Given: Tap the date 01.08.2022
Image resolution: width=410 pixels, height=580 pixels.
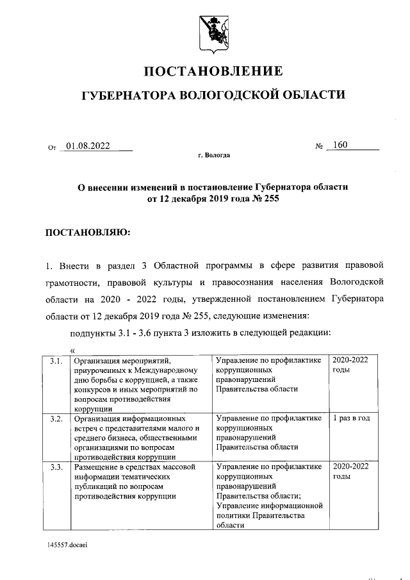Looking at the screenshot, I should coord(88,145).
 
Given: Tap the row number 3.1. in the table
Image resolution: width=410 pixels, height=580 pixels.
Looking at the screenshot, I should coord(56,361).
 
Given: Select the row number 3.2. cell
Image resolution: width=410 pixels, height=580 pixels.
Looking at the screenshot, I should coord(56,418).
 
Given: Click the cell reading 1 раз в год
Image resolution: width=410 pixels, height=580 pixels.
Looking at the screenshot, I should coord(351,418).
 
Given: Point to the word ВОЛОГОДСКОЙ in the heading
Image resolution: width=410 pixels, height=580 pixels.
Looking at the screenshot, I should coord(228,95).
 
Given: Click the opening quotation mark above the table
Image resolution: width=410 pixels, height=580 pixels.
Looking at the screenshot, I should coord(72,350).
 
